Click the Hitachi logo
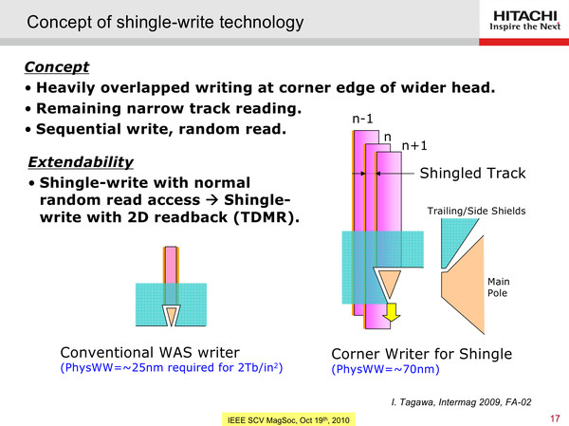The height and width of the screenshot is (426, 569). click(x=524, y=21)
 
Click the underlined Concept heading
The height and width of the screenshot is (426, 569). click(x=57, y=66)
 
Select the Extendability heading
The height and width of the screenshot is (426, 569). click(x=81, y=162)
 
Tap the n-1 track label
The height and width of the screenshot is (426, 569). click(x=362, y=119)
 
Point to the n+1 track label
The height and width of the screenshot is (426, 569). click(x=414, y=145)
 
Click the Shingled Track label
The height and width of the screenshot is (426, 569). click(x=472, y=174)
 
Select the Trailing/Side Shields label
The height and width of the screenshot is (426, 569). click(x=476, y=211)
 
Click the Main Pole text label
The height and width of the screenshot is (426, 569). click(x=498, y=287)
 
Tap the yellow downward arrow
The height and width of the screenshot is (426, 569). click(x=391, y=312)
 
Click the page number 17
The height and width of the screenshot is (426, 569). click(x=555, y=418)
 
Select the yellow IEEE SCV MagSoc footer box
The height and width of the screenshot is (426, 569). click(x=288, y=419)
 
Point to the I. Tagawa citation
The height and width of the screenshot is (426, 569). click(x=461, y=402)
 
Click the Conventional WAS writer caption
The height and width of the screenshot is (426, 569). click(x=150, y=353)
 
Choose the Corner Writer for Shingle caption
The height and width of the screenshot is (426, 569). click(x=422, y=354)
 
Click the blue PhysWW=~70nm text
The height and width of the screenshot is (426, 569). click(x=385, y=369)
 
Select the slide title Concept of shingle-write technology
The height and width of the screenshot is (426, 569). click(x=165, y=22)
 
